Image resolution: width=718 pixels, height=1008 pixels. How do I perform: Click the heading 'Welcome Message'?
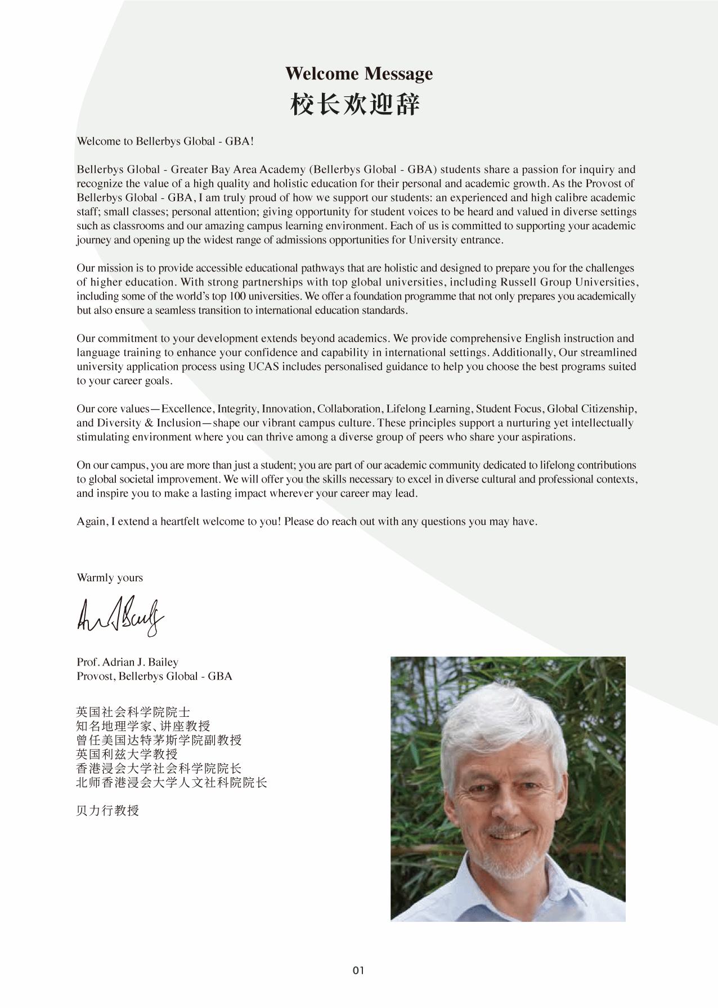(359, 74)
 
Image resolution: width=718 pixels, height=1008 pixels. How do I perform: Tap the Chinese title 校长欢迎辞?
(355, 105)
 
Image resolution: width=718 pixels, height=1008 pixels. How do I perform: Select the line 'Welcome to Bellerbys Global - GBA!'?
(165, 141)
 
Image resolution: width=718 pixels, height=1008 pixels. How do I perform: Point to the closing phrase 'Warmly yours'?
(110, 578)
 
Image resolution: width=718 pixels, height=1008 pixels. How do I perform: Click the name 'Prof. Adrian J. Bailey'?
(127, 662)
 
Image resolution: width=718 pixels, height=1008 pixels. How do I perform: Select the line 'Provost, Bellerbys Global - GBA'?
(154, 676)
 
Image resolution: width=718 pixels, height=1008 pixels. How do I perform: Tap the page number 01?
(358, 970)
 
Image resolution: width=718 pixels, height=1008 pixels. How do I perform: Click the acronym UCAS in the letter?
(262, 367)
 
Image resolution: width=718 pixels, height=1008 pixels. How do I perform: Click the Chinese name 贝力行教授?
(107, 811)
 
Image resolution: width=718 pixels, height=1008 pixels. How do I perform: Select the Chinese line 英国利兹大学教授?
(127, 755)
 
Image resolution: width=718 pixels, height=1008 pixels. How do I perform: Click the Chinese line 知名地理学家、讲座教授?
(143, 726)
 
